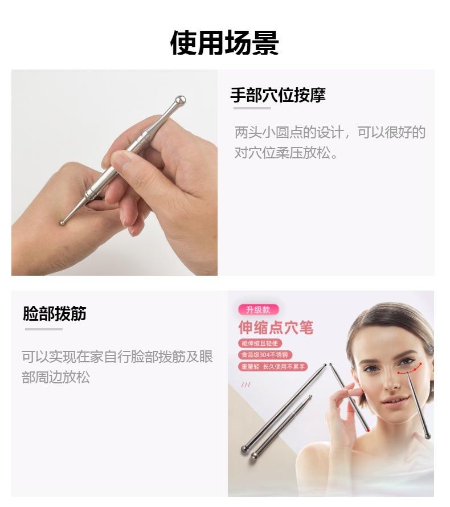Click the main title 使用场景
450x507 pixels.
[x=224, y=43]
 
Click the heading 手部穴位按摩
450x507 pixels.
[x=277, y=95]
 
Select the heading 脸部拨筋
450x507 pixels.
[x=55, y=313]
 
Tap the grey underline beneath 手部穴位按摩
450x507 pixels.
[x=251, y=108]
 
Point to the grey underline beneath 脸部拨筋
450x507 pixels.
[x=43, y=329]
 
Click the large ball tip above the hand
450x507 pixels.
[x=180, y=101]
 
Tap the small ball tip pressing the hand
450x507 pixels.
[x=63, y=222]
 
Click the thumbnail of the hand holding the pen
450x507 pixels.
[x=114, y=173]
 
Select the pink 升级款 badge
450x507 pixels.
[x=259, y=310]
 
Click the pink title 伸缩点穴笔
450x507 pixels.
[x=276, y=328]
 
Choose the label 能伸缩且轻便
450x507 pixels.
[x=260, y=344]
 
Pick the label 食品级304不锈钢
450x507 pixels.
[x=266, y=355]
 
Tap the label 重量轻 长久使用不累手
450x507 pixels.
[x=273, y=367]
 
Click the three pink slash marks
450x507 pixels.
[x=246, y=385]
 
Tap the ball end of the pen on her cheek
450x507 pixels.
[x=427, y=436]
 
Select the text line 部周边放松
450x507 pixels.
[x=56, y=378]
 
